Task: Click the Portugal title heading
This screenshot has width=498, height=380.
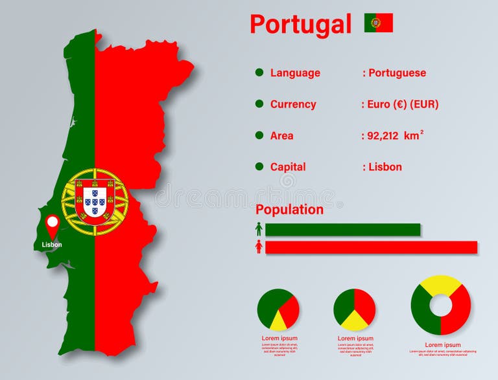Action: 300,24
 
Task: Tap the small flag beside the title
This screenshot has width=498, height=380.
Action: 378,23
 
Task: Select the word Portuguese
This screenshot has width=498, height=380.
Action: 397,73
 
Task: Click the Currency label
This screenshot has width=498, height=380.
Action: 293,104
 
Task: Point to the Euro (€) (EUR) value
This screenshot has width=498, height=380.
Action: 401,104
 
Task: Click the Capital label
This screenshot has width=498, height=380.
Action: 288,166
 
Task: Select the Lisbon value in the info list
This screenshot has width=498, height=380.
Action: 385,166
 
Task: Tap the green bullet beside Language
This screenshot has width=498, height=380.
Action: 259,73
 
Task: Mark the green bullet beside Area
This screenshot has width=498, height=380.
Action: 259,135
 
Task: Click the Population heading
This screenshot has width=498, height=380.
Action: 289,209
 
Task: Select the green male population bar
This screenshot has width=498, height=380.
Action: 342,229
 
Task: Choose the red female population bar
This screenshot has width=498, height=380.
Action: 371,247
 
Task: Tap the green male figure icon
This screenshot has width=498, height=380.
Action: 259,229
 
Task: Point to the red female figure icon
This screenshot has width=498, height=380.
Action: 259,247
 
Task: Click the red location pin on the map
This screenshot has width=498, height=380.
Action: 52,225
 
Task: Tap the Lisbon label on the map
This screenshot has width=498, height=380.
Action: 52,245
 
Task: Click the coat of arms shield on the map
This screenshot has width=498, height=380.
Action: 95,201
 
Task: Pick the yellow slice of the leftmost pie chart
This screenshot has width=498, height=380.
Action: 278,321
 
